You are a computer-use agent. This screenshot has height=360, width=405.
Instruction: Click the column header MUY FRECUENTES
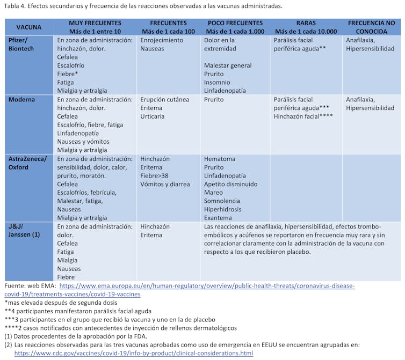pos(95,23)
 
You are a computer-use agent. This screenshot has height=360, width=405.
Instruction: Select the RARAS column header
pos(306,23)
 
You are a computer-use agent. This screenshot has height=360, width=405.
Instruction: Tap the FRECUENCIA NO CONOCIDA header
pos(371,27)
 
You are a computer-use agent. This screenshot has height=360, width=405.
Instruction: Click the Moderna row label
pos(22,100)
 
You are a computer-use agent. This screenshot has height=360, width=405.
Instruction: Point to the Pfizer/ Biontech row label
pos(22,45)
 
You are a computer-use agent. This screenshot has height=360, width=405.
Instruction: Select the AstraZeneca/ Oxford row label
pos(27,163)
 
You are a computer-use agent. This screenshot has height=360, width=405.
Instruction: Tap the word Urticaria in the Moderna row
pos(153,116)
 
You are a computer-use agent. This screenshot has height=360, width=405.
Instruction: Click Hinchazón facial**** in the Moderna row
pos(303,116)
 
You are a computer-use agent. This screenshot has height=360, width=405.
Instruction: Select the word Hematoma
pos(220,159)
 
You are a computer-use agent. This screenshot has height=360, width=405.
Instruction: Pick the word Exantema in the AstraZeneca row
pos(218,218)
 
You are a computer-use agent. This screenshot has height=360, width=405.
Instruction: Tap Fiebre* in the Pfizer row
pos(68,74)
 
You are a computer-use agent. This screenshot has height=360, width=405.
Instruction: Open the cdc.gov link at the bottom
pos(133,353)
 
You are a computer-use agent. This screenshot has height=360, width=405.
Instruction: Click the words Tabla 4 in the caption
pos(14,6)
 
